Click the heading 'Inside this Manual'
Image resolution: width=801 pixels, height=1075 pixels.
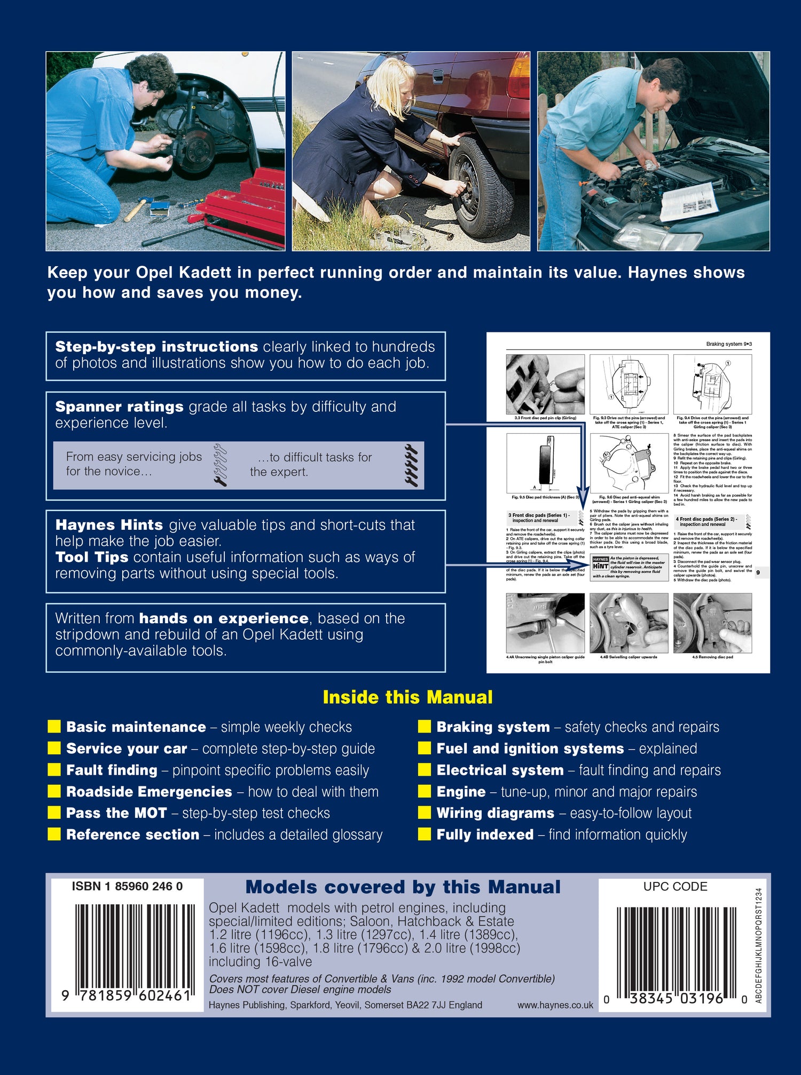click(407, 697)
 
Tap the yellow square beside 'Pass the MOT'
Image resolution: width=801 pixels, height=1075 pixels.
click(54, 813)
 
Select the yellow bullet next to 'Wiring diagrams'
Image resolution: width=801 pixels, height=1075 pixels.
click(425, 813)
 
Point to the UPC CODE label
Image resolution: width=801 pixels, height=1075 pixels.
click(675, 886)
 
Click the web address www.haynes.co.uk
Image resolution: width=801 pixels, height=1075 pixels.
click(555, 1005)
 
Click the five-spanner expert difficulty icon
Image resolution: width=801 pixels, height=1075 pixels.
click(412, 465)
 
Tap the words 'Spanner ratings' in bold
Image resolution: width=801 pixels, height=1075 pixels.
click(119, 407)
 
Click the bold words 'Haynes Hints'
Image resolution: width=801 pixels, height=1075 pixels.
click(109, 525)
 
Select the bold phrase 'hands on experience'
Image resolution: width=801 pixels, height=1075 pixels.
click(223, 618)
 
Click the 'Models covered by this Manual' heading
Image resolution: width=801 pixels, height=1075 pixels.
click(403, 887)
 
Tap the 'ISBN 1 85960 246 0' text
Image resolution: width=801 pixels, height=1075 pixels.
click(127, 886)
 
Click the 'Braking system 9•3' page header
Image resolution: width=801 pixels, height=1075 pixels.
click(728, 344)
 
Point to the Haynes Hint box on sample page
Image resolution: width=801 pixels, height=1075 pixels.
click(629, 567)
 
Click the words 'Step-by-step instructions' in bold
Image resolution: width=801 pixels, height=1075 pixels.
click(156, 347)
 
